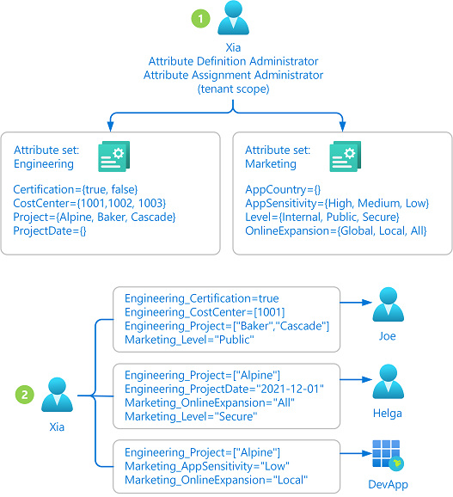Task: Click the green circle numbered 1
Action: pos(200,18)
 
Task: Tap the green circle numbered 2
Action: pos(25,395)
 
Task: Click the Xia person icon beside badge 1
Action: pos(233,17)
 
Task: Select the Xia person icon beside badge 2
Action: pos(57,395)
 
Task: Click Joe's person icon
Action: pos(388,304)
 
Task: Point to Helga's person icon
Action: pos(388,382)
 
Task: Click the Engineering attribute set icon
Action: pos(114,156)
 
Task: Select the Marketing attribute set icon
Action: pos(346,156)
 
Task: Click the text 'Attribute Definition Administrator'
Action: pos(233,61)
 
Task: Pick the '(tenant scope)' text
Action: pos(234,89)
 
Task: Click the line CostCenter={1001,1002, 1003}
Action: pos(89,203)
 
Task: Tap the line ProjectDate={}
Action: pos(49,230)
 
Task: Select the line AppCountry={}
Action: pos(283,189)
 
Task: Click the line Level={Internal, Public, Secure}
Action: pos(322,218)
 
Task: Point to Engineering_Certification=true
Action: pos(202,298)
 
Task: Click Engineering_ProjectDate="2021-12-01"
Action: pos(224,390)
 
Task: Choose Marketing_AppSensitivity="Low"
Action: pos(207,466)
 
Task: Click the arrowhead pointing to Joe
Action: pos(367,303)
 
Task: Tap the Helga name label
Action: pos(388,414)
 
